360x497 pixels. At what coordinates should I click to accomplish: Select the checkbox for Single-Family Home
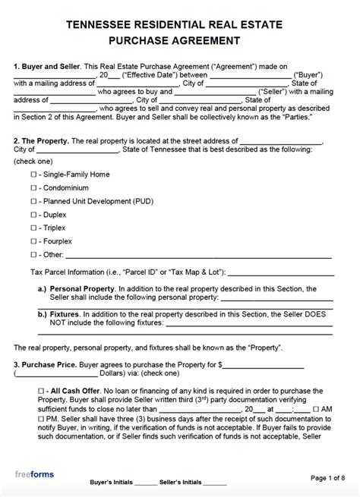(x=33, y=174)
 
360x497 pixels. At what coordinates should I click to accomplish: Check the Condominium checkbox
(x=33, y=188)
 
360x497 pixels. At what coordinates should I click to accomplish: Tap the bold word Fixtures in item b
(x=66, y=313)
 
